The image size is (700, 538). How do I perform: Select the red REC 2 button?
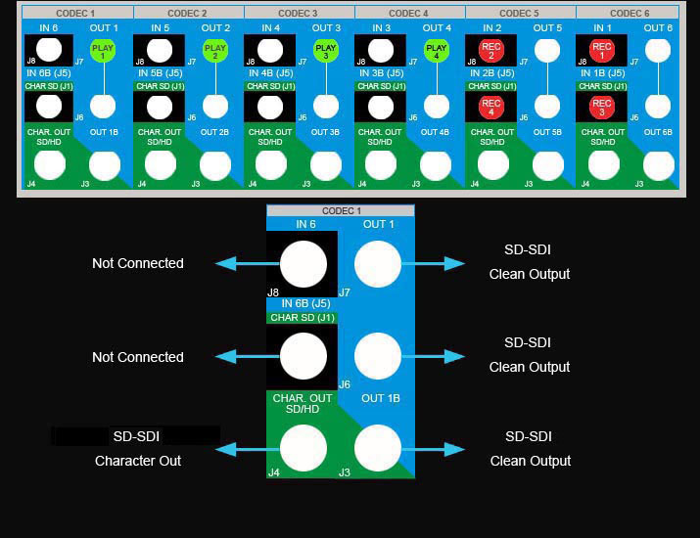[491, 51]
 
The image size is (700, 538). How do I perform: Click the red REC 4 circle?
[491, 108]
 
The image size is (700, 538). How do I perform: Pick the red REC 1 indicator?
[602, 51]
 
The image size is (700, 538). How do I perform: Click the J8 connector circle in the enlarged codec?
[303, 264]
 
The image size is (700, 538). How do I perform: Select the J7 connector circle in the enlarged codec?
[378, 264]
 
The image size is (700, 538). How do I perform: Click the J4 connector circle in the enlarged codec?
[303, 449]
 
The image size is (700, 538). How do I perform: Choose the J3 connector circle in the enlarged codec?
[378, 449]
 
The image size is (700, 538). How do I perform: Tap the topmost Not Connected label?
[137, 263]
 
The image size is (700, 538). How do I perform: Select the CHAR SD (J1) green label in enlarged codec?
[303, 317]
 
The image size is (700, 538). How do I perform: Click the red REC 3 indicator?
[602, 108]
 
